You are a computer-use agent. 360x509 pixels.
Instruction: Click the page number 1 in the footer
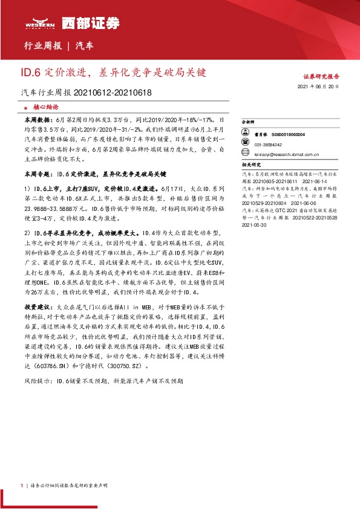(x=22, y=485)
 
